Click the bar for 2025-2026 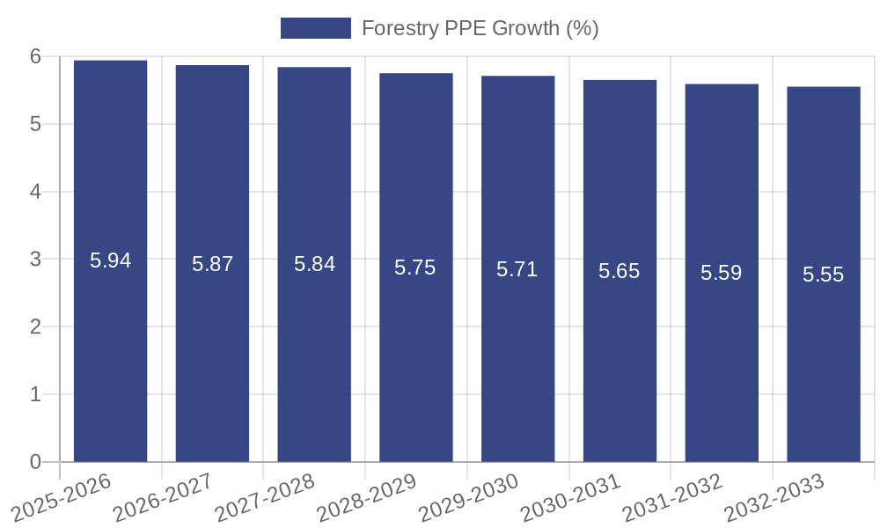click(110, 352)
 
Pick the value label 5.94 click(111, 260)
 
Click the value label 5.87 click(213, 263)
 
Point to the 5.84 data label click(314, 264)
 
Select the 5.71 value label click(517, 269)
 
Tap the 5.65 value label click(620, 271)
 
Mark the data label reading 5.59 click(722, 273)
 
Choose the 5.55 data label click(824, 275)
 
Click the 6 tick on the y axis click(35, 56)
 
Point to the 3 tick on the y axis click(35, 260)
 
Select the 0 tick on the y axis click(35, 462)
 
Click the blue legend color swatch click(315, 28)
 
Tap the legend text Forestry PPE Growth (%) click(480, 28)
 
